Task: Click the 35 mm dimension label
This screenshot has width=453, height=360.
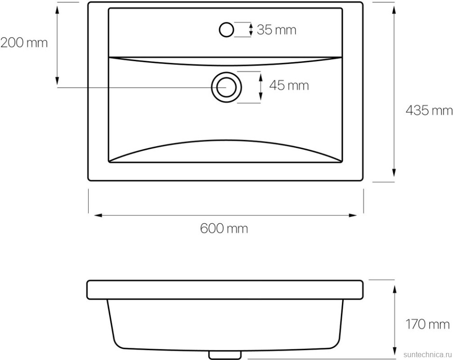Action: [x=276, y=30]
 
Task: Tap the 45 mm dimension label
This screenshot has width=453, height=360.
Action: [x=289, y=85]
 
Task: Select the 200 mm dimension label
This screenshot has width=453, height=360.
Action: [x=24, y=43]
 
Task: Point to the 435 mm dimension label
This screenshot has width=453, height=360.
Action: [x=429, y=110]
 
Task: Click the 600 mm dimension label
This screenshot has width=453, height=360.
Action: [x=224, y=228]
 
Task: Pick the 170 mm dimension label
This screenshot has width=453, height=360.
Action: [x=428, y=324]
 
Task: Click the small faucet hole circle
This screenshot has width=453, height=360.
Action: [x=226, y=29]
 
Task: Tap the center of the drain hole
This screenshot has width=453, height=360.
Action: [x=226, y=87]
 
